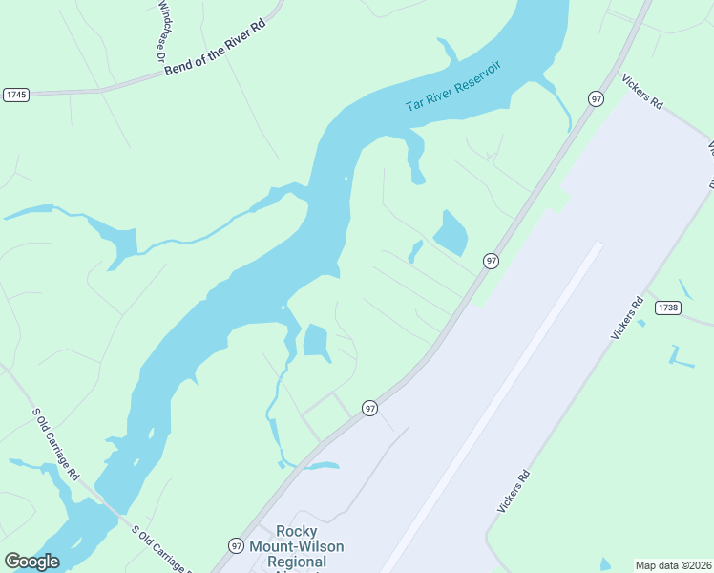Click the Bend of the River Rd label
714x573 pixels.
pos(214,58)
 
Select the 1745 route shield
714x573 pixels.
pos(16,95)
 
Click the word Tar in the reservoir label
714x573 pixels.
pos(414,103)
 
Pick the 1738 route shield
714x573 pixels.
pos(667,308)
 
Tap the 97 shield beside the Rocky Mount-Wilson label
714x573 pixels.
pos(236,544)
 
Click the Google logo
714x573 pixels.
pos(31,562)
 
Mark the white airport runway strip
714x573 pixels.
pos(496,401)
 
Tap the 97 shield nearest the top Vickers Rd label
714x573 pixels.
pos(596,98)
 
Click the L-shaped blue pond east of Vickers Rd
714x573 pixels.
pos(681,357)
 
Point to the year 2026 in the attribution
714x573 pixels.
pos(700,564)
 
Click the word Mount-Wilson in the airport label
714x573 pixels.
pos(309,547)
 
